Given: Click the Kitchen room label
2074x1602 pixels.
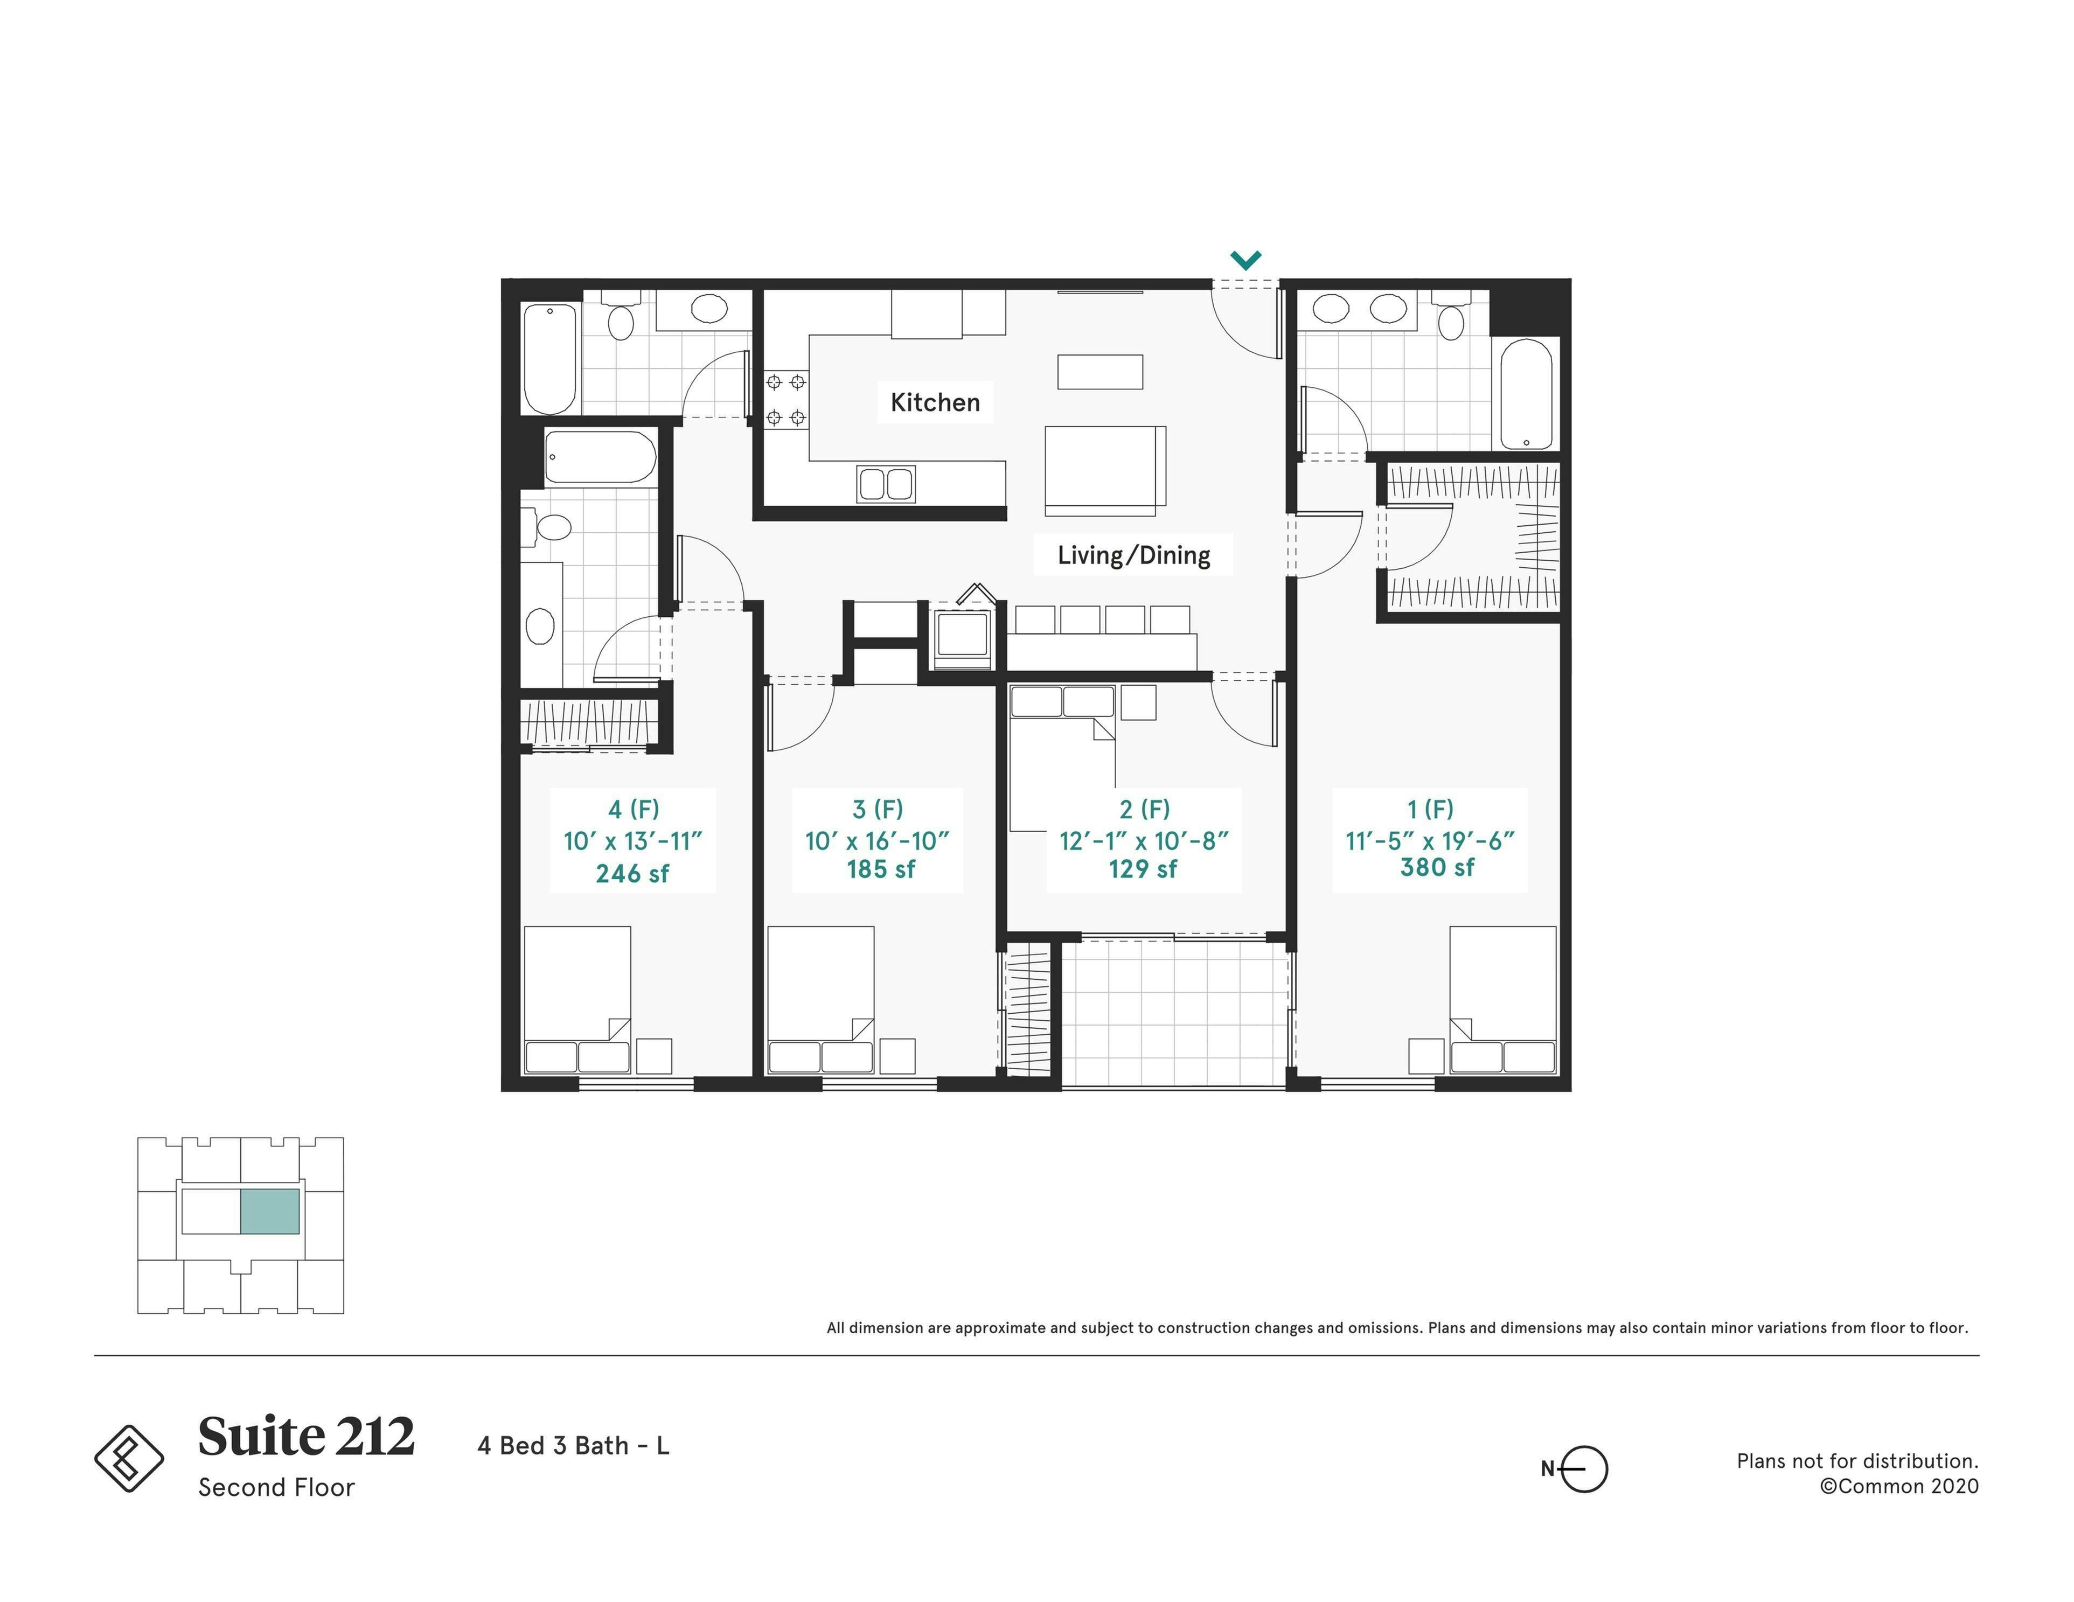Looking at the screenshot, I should click(x=935, y=402).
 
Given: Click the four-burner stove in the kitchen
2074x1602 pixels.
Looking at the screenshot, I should click(x=785, y=399).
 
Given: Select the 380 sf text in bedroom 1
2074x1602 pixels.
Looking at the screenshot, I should click(x=1437, y=867).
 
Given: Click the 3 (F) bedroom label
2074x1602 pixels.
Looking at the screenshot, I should click(x=878, y=809).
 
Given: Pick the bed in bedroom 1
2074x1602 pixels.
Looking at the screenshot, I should click(x=1502, y=999).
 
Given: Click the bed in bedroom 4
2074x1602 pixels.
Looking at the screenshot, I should click(x=577, y=999).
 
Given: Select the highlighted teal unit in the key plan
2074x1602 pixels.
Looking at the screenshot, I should click(x=270, y=1211).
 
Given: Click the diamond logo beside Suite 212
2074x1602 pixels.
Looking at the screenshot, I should click(x=129, y=1458).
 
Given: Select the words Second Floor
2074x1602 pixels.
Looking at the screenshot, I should click(x=276, y=1487).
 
